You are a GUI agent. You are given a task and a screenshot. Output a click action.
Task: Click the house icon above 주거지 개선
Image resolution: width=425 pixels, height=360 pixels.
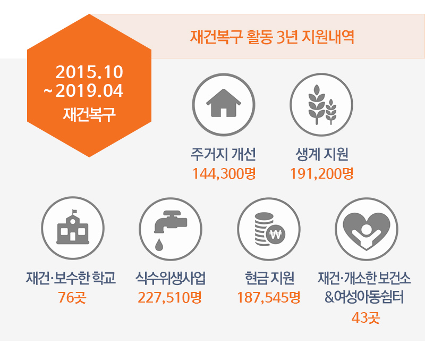click(x=224, y=103)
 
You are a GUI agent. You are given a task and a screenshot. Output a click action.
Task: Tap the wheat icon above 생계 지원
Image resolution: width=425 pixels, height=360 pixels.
click(x=322, y=105)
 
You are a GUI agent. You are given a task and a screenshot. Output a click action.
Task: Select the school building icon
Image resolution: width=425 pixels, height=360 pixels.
click(x=73, y=227)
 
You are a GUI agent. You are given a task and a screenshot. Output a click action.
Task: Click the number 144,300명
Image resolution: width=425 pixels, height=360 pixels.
click(x=224, y=174)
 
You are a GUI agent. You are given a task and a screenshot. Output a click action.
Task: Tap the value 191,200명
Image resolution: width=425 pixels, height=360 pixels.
click(x=322, y=174)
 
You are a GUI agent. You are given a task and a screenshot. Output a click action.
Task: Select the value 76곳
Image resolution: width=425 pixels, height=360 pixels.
click(x=72, y=298)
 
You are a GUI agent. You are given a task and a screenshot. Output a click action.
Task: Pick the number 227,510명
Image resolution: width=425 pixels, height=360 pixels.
click(x=169, y=298)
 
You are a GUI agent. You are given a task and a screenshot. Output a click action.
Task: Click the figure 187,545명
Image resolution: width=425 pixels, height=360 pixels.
click(x=269, y=298)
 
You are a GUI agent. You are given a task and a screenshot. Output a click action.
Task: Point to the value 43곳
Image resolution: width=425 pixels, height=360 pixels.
click(x=366, y=317)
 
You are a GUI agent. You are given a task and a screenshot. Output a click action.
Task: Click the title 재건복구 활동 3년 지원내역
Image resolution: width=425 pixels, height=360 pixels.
click(x=272, y=37)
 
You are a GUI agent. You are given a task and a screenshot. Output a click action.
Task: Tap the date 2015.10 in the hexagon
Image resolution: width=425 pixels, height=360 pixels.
click(x=89, y=72)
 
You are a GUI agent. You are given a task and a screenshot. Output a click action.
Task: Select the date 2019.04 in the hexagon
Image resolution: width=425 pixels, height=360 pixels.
click(x=89, y=90)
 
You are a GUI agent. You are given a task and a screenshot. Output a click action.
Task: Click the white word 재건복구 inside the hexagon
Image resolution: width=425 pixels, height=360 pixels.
click(x=89, y=114)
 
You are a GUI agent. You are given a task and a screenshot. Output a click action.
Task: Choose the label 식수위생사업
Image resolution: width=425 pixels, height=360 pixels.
click(x=171, y=278)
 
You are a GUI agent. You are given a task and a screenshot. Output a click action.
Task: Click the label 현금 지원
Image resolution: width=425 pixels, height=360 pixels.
click(x=269, y=278)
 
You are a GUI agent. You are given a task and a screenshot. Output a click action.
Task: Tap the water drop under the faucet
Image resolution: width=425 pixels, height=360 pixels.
click(x=159, y=245)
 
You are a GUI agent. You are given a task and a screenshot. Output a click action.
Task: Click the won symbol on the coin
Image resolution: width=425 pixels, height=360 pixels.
click(x=276, y=235)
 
